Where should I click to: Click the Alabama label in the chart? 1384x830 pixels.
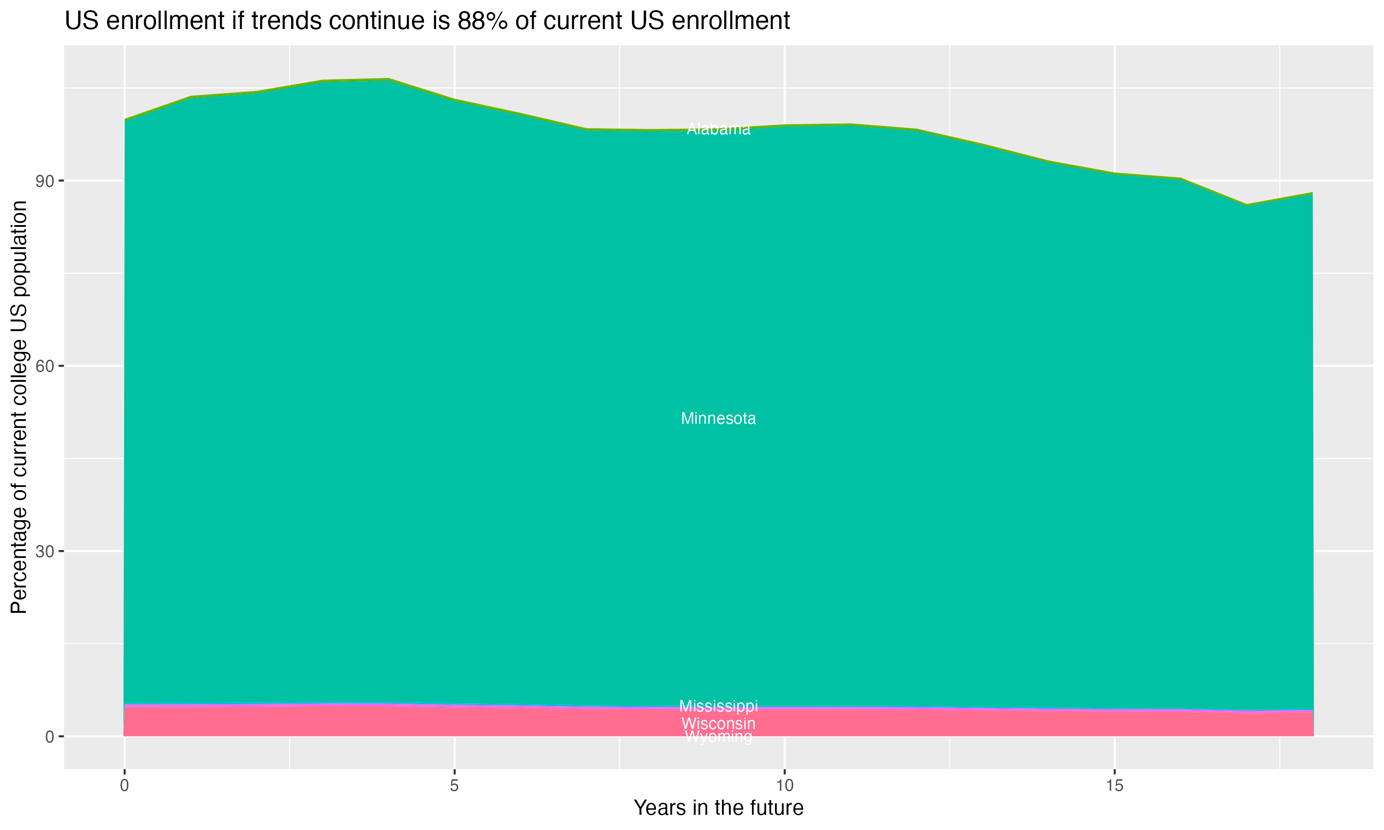point(718,129)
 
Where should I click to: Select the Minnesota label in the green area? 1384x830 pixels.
point(718,419)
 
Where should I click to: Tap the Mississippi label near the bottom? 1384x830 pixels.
point(718,706)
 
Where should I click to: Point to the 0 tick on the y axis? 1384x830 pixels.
point(49,736)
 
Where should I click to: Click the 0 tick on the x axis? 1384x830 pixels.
point(124,786)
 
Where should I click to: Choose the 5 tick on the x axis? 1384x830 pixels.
point(454,786)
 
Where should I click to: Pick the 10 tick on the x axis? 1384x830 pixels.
point(784,786)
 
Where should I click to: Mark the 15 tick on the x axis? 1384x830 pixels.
point(1115,786)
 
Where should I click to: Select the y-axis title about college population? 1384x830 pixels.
point(19,407)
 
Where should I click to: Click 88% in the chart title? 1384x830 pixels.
point(481,21)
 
